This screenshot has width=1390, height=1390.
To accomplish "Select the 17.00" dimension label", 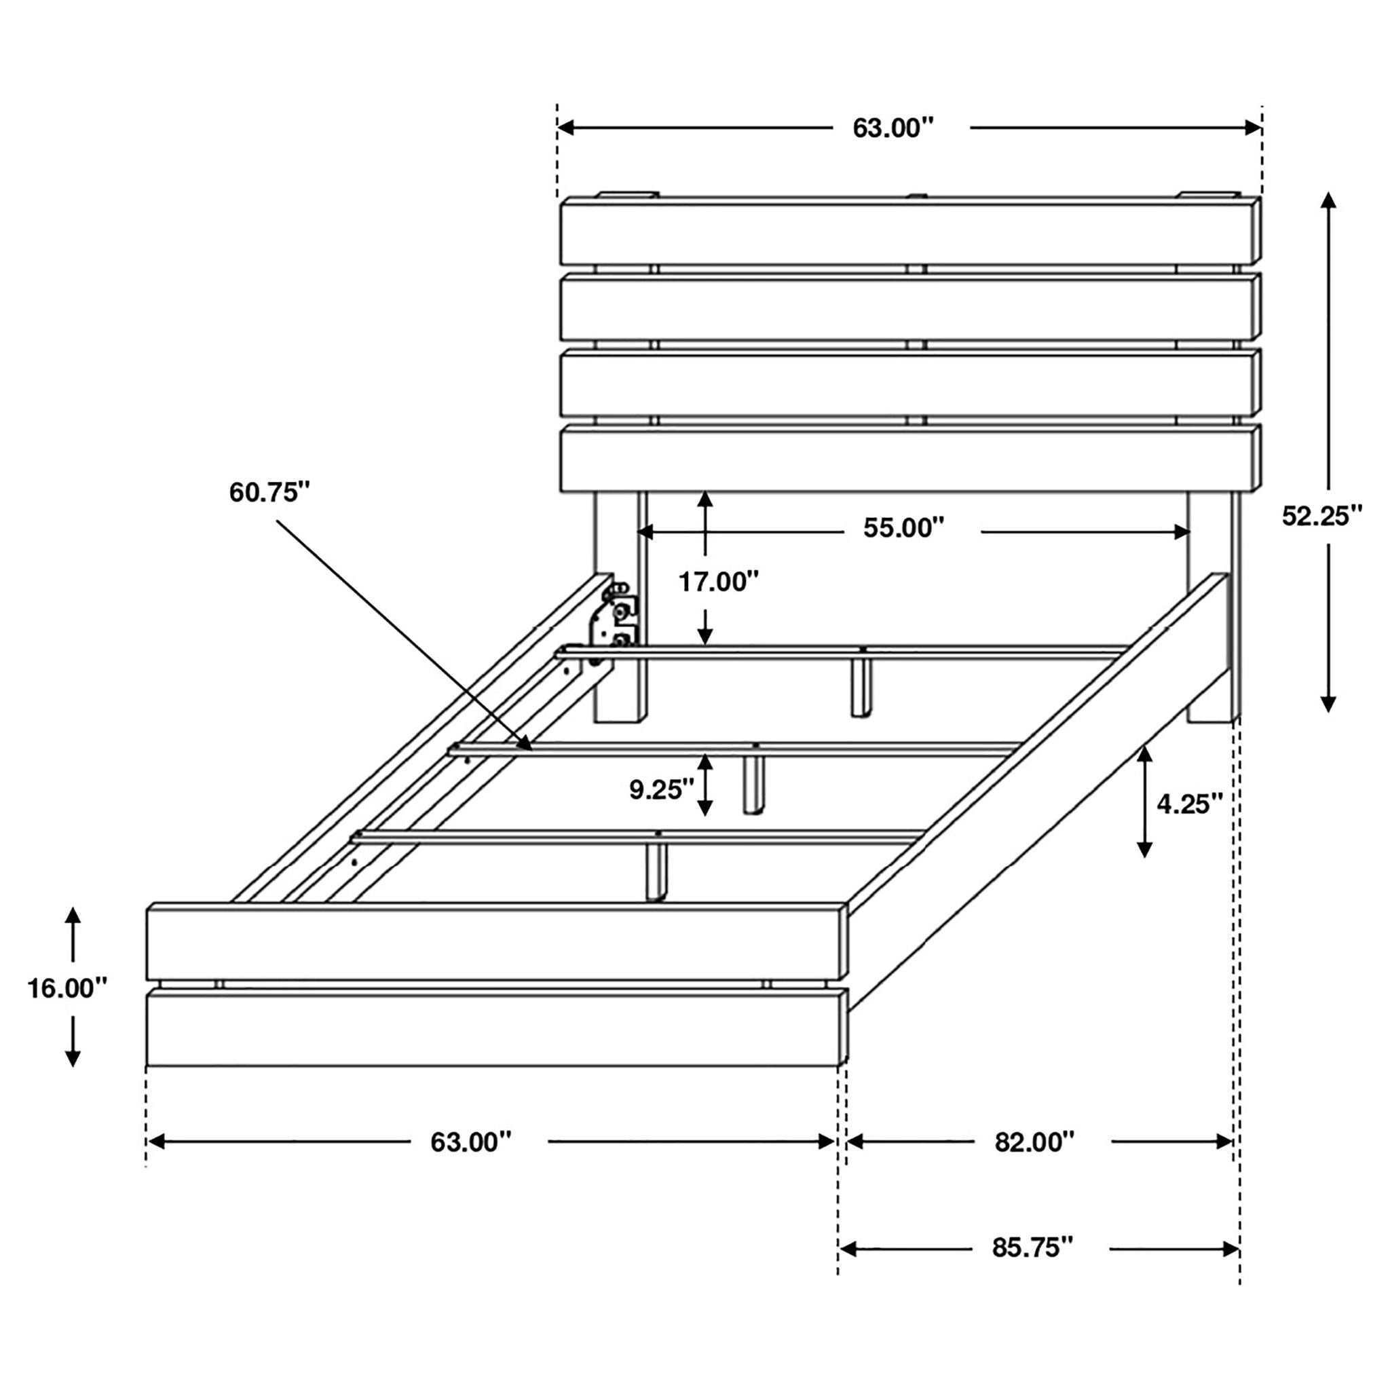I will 718,582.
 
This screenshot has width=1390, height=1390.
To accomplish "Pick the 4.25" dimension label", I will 1189,804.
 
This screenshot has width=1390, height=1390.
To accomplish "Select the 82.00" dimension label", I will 1034,1142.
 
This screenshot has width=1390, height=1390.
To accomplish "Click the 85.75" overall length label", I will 1032,1247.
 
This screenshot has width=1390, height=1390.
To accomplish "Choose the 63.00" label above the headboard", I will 892,128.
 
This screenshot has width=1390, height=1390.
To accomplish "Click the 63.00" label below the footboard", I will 470,1142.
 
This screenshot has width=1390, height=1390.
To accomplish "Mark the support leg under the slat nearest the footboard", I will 656,871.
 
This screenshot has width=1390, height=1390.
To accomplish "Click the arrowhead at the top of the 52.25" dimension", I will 1328,200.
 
